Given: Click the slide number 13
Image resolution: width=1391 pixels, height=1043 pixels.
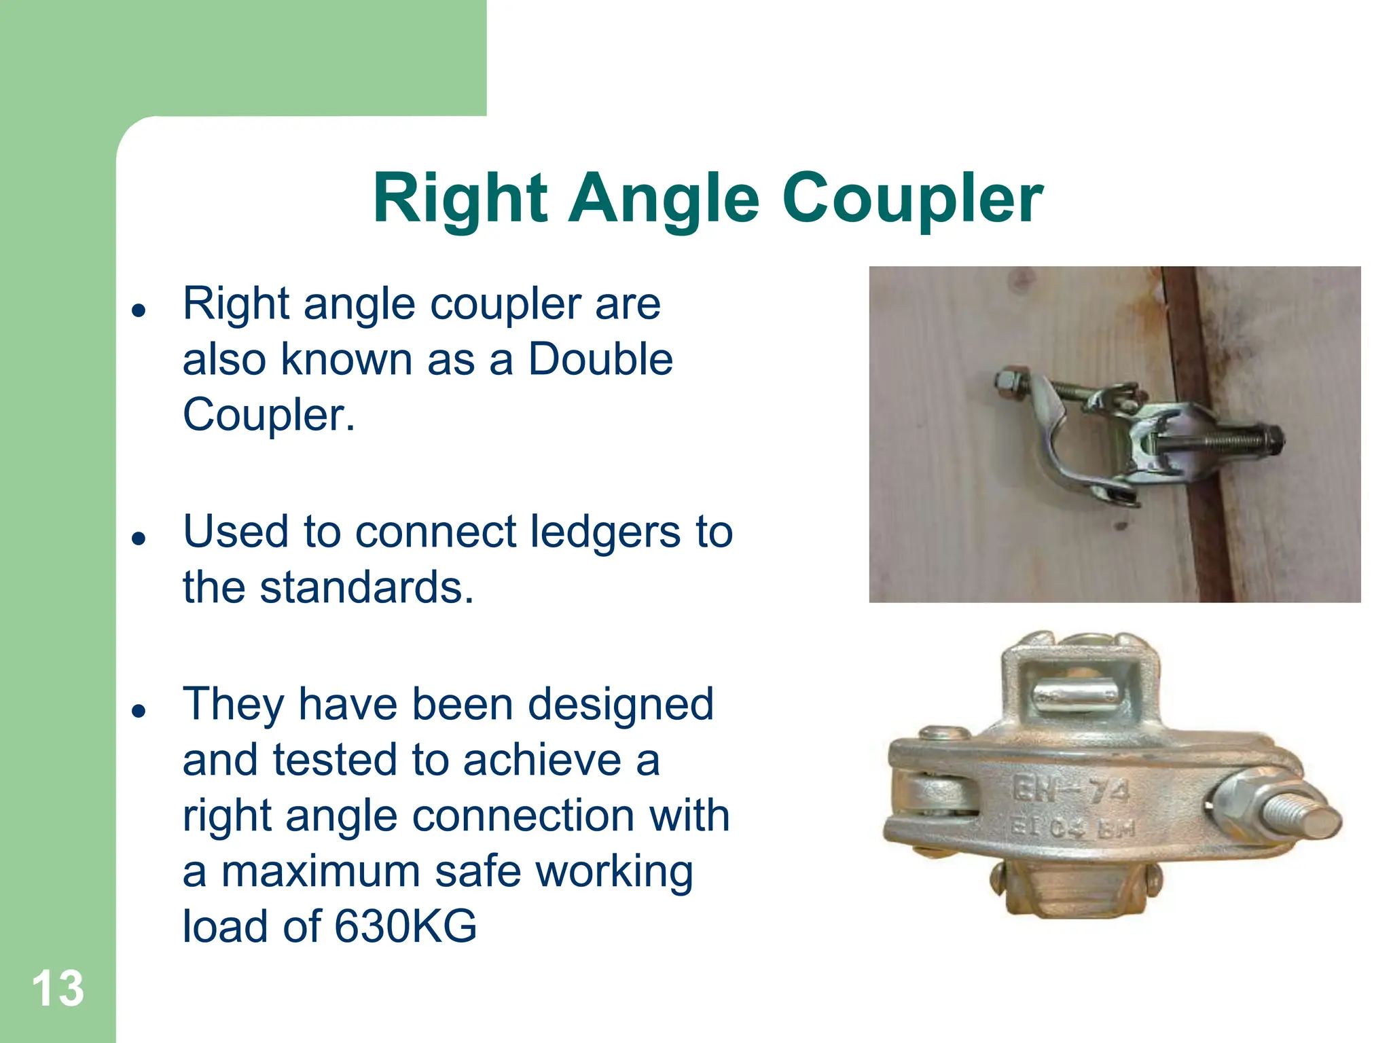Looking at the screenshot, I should (x=58, y=989).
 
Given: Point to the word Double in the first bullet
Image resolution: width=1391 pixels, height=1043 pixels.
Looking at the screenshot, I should (x=600, y=359).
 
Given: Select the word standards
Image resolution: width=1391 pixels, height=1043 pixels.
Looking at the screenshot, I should (x=367, y=587).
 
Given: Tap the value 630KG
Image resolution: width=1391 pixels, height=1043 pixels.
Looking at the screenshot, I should (x=405, y=926).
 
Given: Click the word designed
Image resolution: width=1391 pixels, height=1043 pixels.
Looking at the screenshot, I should (x=621, y=704).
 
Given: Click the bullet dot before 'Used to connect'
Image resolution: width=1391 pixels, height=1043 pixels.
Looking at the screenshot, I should (x=139, y=539).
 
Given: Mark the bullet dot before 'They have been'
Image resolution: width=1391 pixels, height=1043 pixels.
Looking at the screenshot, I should (x=139, y=712).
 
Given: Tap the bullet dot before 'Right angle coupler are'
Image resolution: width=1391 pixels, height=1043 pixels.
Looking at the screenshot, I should (x=139, y=311).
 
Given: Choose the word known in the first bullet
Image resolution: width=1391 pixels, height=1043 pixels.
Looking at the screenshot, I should (x=346, y=359).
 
